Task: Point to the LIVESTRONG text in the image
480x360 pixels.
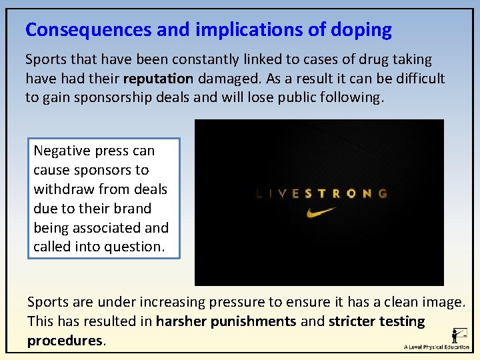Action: pyautogui.click(x=321, y=194)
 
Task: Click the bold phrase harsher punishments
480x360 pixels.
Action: pyautogui.click(x=226, y=321)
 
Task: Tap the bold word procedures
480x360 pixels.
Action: pyautogui.click(x=65, y=341)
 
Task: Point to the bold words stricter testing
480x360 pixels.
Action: pyautogui.click(x=377, y=321)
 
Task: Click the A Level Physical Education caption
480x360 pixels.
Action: pyautogui.click(x=437, y=347)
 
